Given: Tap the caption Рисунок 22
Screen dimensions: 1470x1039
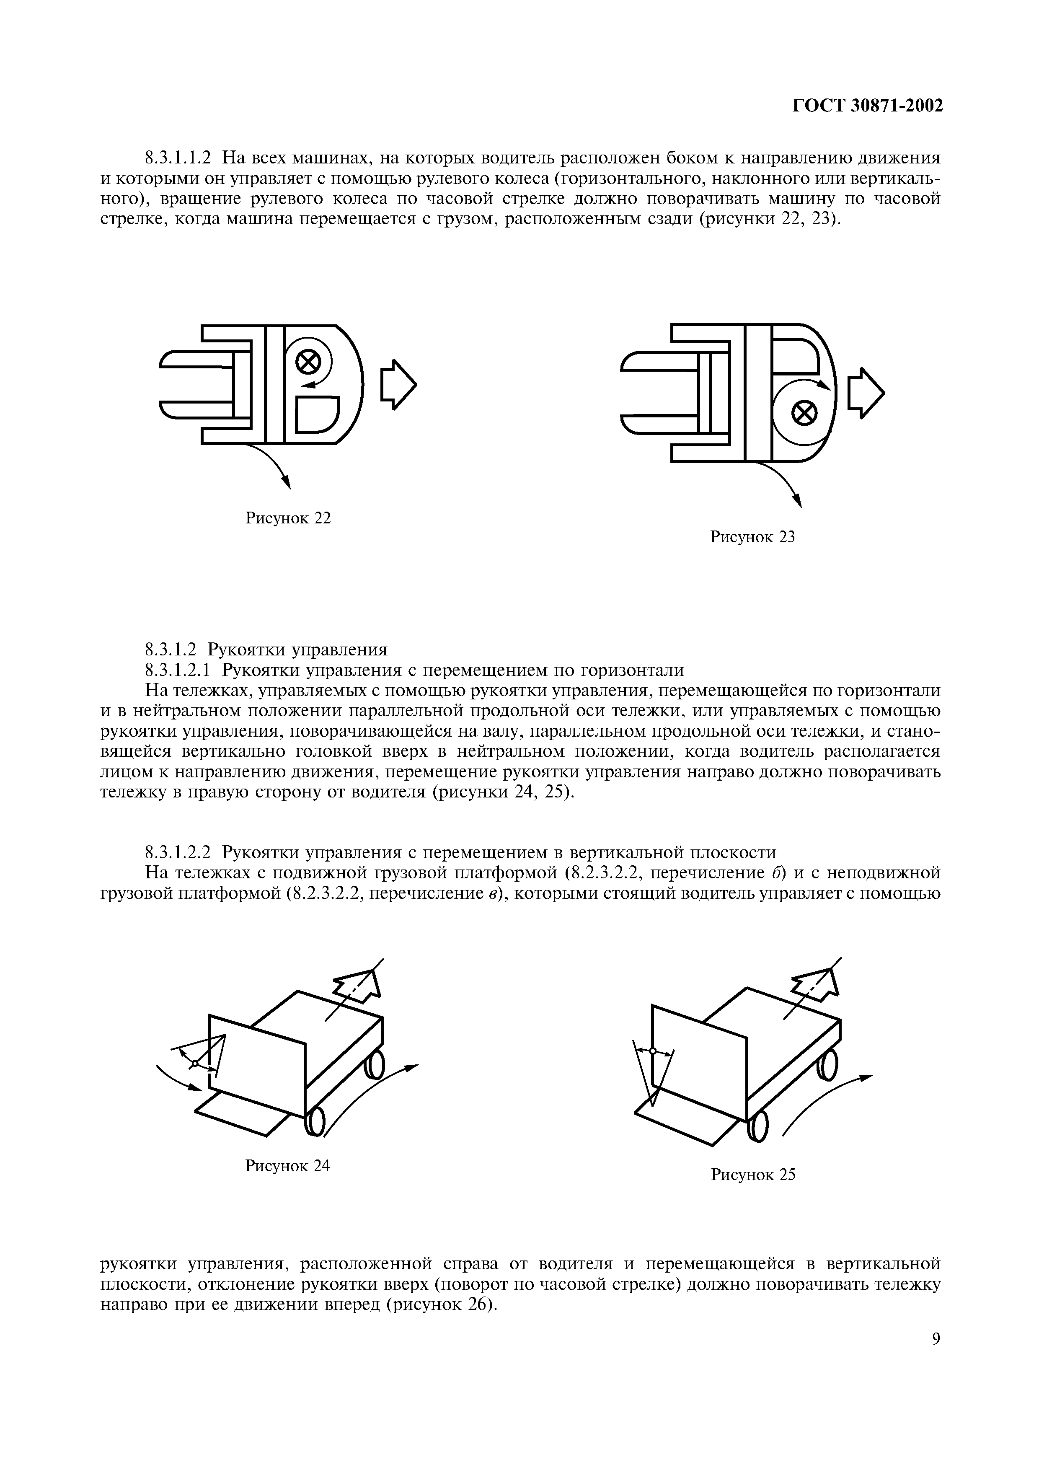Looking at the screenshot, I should coord(288,518).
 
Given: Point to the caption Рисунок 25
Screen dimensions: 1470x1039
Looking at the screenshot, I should coord(753,1174).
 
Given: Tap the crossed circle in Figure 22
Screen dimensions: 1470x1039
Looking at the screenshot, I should coord(308,362).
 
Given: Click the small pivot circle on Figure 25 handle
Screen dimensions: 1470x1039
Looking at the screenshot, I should coord(652,1051).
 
